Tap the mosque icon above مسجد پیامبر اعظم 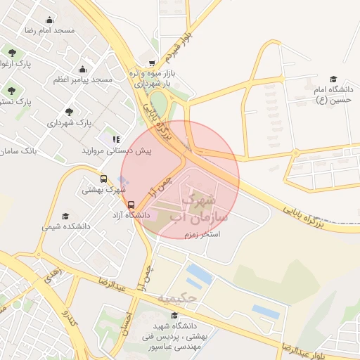click(83, 69)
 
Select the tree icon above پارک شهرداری click(69, 112)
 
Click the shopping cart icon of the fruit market click(153, 63)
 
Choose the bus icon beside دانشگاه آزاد click(131, 205)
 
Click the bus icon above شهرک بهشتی click(104, 179)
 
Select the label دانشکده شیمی click(66, 226)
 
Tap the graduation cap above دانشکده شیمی click(66, 216)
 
